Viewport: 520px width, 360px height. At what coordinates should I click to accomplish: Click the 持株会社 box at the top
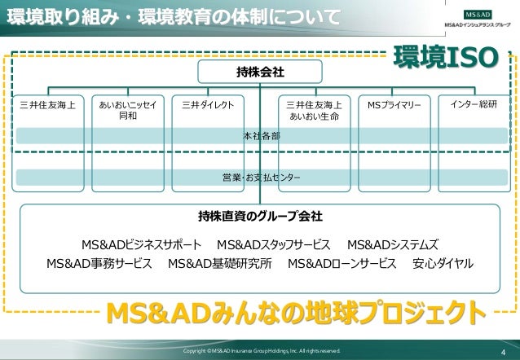coord(260,72)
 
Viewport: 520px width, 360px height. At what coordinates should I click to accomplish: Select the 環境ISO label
coord(444,57)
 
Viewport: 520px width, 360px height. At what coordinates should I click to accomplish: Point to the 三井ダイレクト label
coord(208,105)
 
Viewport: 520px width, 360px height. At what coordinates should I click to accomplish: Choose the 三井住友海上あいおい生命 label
coord(314,111)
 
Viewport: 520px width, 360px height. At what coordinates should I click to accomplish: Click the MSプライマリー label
coord(394,105)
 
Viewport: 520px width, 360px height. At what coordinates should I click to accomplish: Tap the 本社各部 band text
coord(261,136)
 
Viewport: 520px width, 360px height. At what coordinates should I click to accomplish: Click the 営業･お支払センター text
coord(261,177)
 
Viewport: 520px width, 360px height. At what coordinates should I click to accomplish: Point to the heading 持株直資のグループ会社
coord(260,217)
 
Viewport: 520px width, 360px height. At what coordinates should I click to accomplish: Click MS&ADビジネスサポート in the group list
coord(141,244)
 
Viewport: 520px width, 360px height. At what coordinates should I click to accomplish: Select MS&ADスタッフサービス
coord(274,244)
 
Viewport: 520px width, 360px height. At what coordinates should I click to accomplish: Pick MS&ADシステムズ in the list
coord(393,244)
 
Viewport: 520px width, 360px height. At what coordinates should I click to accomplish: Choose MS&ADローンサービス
coord(342,264)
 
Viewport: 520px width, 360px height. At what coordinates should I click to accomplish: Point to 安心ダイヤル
coord(443,264)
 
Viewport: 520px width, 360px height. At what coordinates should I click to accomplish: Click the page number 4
coord(503,352)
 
